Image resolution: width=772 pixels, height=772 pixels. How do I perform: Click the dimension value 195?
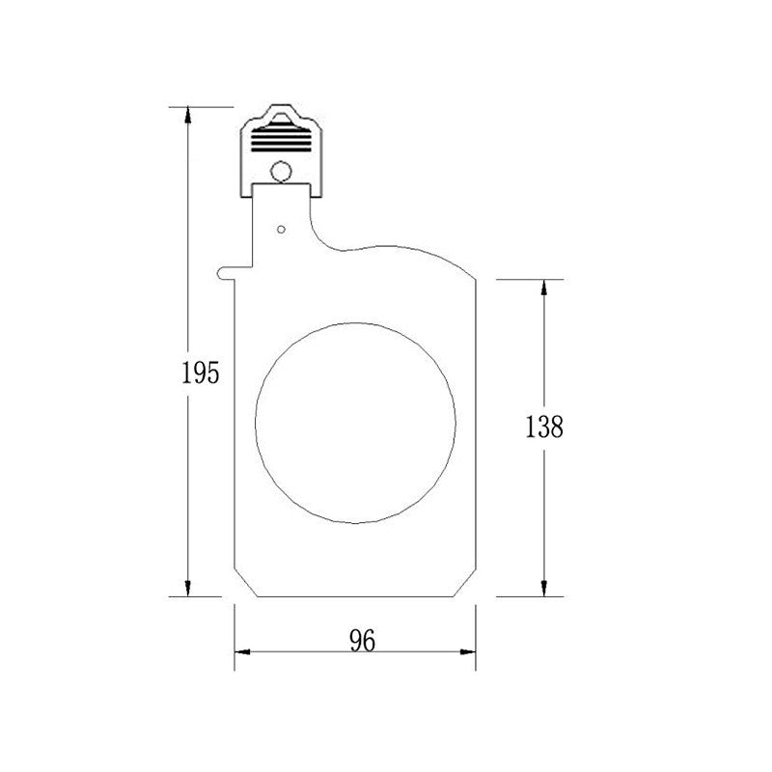tap(201, 372)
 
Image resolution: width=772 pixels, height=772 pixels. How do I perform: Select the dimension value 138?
tap(544, 427)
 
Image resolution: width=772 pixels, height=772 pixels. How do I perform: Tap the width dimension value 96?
tap(363, 641)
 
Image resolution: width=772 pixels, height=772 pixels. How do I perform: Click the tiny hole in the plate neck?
tap(281, 230)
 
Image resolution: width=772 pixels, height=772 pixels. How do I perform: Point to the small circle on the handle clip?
tap(281, 172)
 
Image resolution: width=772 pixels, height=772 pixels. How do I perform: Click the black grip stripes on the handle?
tap(281, 138)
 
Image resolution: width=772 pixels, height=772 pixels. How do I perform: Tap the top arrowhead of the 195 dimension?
tap(187, 115)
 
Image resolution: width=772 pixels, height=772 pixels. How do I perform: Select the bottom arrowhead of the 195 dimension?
tap(187, 588)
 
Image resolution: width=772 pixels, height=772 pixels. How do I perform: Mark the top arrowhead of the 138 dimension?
tap(544, 288)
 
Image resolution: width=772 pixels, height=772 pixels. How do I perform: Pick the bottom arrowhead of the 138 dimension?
tap(544, 588)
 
